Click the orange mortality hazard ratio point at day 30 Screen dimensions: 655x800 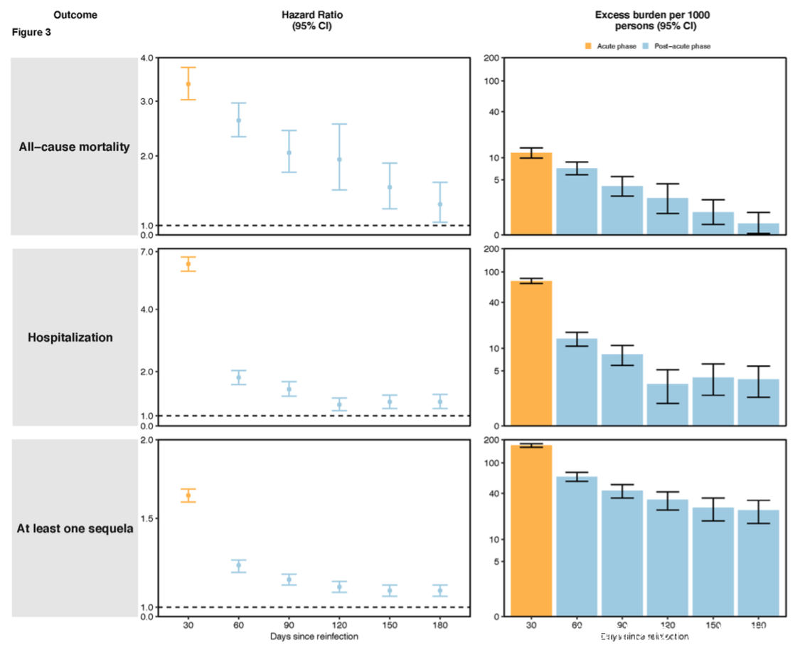pos(188,84)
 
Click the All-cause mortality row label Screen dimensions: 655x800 pos(75,147)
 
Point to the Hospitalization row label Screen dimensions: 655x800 pos(70,337)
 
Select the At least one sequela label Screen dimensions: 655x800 pos(75,528)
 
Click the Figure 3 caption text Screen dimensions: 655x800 pos(32,32)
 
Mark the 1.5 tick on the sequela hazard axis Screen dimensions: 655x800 pos(148,519)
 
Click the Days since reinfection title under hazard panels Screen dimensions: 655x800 pos(314,636)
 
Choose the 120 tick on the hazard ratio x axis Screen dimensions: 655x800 pos(339,626)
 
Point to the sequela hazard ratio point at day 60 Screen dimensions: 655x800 pos(239,566)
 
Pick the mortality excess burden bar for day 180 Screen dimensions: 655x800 pos(759,229)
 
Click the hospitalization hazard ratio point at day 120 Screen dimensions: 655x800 pos(339,404)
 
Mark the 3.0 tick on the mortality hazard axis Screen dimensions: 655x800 pos(148,102)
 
